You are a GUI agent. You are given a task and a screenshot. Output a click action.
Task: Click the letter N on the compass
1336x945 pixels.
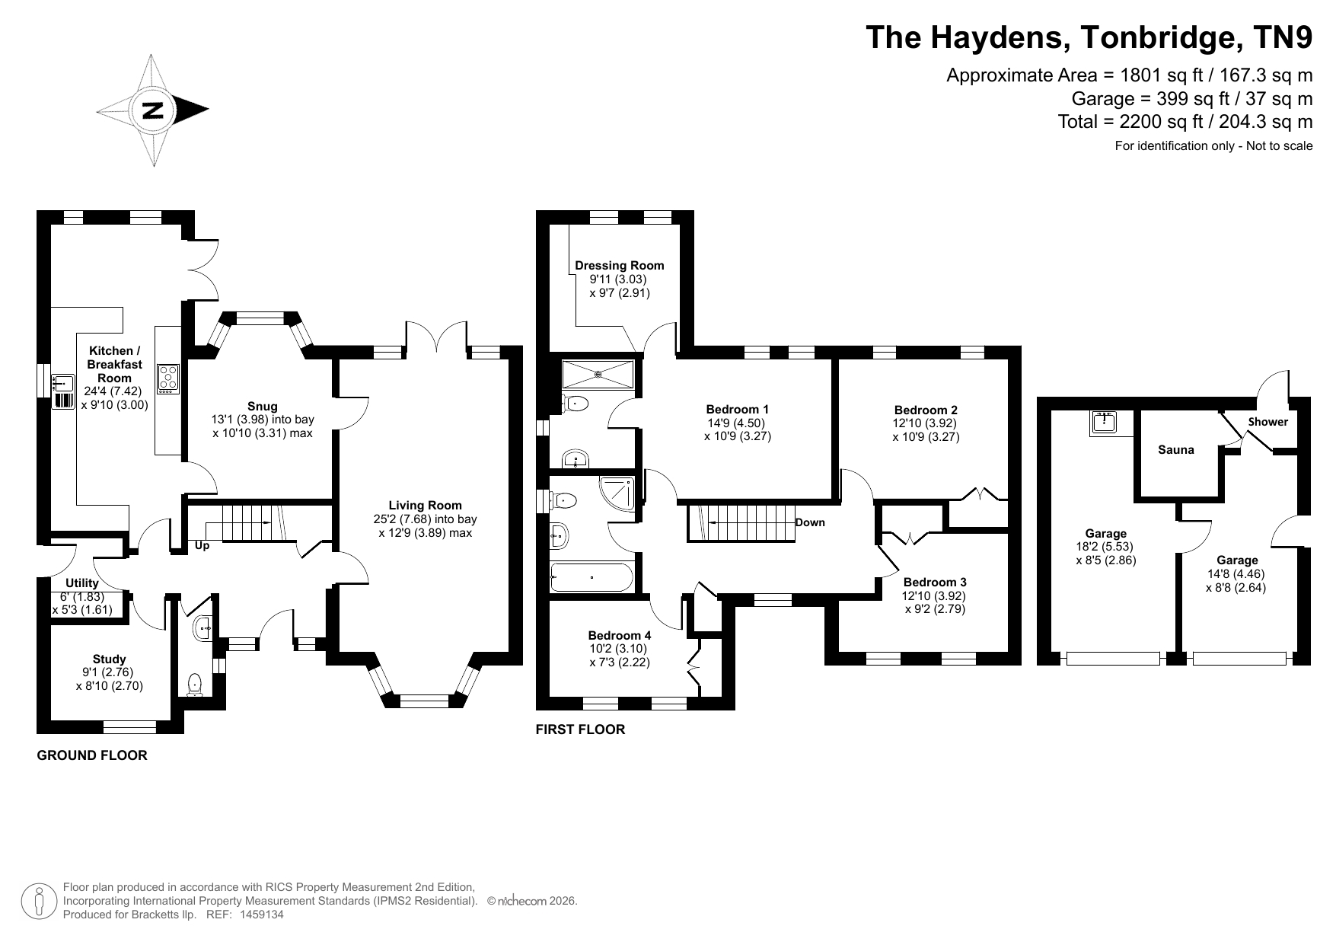(153, 110)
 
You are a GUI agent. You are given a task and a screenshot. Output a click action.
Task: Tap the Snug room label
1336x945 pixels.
(263, 406)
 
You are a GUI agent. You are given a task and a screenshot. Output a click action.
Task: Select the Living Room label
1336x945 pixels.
(425, 505)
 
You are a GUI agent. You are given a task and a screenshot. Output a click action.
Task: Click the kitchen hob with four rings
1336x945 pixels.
(167, 378)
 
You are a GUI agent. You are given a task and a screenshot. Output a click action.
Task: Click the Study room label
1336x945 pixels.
(110, 659)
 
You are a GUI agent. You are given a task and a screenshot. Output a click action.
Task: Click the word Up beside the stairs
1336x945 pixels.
(202, 545)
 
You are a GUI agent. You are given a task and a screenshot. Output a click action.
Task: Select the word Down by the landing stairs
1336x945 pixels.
(810, 522)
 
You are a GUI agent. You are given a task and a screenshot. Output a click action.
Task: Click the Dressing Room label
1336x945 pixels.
(620, 265)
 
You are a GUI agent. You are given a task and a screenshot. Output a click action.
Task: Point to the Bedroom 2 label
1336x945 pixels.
(926, 410)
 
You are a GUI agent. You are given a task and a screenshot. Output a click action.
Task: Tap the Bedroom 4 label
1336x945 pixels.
(620, 635)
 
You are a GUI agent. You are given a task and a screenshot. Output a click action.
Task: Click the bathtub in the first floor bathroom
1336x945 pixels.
(592, 577)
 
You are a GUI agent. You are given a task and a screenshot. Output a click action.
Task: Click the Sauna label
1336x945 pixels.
(1176, 450)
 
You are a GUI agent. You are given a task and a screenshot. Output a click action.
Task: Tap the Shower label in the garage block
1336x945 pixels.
(1268, 422)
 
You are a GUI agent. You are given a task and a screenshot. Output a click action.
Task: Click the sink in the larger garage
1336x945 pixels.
(1103, 423)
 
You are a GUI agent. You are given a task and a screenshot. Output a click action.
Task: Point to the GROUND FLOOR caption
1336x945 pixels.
(92, 755)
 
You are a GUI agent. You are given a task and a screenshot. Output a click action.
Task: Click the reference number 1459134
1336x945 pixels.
(262, 915)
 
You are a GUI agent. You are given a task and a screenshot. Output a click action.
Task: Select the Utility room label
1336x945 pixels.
(82, 583)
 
